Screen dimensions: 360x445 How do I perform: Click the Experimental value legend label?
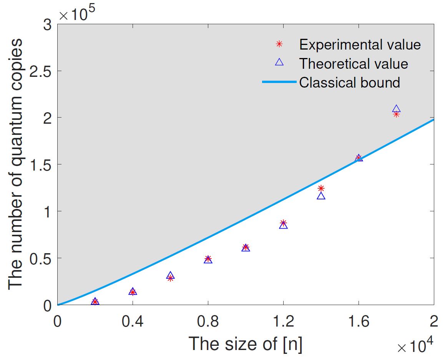(x=360, y=45)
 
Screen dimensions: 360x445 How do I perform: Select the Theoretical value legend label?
(x=354, y=63)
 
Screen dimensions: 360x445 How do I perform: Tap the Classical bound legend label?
(x=350, y=82)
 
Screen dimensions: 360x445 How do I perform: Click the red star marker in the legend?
(x=279, y=44)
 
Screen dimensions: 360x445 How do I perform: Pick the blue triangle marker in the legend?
(x=279, y=63)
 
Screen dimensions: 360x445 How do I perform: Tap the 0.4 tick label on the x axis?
(x=133, y=321)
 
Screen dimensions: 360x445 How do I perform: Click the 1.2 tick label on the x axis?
(x=283, y=321)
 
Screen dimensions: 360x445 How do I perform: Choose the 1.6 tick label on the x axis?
(x=359, y=321)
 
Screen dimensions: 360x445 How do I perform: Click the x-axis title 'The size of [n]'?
(x=246, y=343)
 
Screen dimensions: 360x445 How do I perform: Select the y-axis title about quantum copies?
(x=16, y=163)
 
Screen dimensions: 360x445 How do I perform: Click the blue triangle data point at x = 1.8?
(x=396, y=109)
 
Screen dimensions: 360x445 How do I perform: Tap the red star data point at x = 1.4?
(x=321, y=188)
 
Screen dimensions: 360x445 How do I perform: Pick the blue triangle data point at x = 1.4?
(x=321, y=196)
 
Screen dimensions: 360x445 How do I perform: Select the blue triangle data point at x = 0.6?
(x=170, y=275)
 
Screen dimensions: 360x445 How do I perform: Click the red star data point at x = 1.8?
(x=396, y=114)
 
